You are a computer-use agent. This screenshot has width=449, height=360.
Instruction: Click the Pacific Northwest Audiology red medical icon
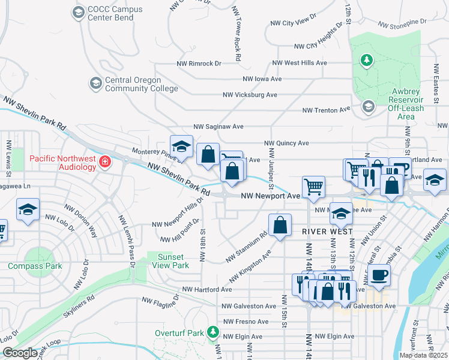(x=105, y=162)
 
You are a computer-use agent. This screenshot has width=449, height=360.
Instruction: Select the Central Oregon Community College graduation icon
(x=95, y=83)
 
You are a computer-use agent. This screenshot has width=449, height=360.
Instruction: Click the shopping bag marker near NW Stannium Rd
(x=280, y=226)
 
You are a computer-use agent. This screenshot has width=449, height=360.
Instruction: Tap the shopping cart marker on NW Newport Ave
(x=313, y=187)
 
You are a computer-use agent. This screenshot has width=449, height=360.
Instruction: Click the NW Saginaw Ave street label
(x=218, y=127)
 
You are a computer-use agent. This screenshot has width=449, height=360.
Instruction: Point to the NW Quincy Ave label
(x=287, y=143)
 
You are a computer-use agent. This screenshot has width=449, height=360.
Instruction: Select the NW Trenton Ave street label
(x=326, y=110)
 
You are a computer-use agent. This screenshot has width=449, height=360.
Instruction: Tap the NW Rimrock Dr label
(x=199, y=63)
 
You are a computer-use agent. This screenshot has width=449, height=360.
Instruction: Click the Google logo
(x=20, y=353)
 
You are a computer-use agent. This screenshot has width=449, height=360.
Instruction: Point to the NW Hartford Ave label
(x=207, y=289)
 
